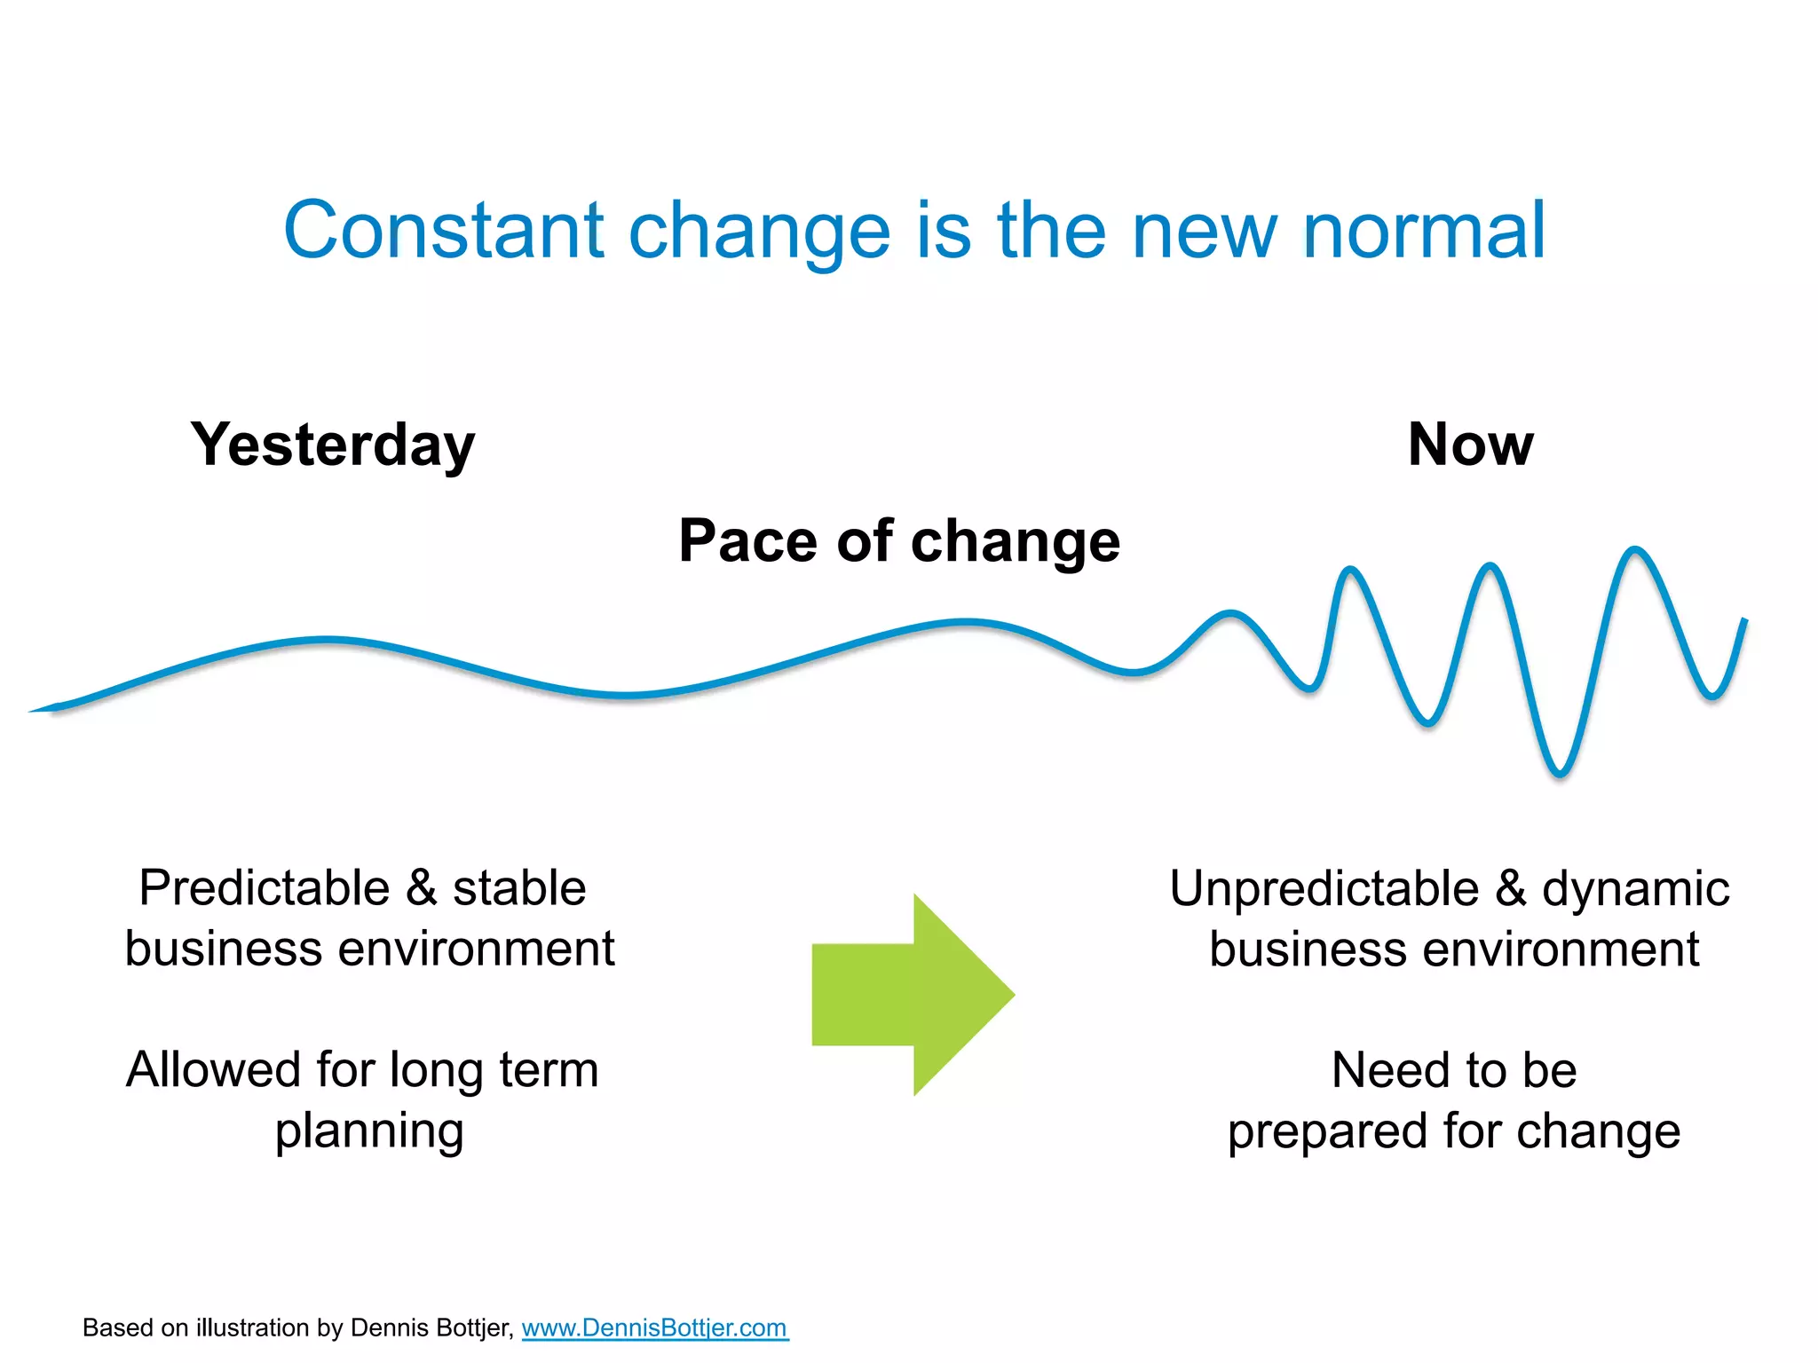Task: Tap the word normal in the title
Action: pyautogui.click(x=1424, y=231)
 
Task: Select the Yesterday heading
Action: pyautogui.click(x=333, y=445)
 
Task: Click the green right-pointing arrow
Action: pyautogui.click(x=914, y=995)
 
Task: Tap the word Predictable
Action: pyautogui.click(x=265, y=888)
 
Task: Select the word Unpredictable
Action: pyautogui.click(x=1324, y=888)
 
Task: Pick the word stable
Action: pyautogui.click(x=519, y=888)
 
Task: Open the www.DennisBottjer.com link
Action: pyautogui.click(x=654, y=1328)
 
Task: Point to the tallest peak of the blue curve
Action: pyautogui.click(x=1635, y=550)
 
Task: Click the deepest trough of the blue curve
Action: pyautogui.click(x=1560, y=774)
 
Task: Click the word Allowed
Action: pyautogui.click(x=213, y=1069)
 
